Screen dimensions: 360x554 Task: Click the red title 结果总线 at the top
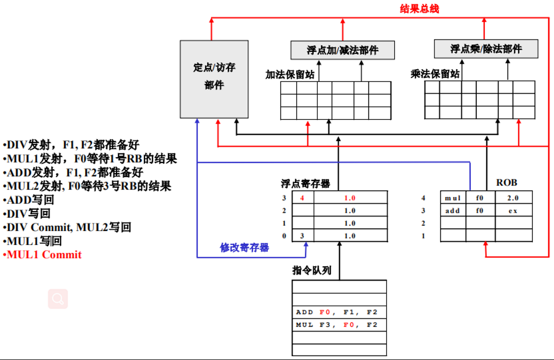tap(419, 9)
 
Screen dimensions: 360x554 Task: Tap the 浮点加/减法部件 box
tap(343, 50)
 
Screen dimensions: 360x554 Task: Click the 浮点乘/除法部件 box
tap(486, 49)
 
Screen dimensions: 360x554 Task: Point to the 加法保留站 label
tap(289, 75)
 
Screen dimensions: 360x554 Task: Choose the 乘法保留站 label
tap(434, 74)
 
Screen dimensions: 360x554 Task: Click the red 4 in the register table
tap(303, 198)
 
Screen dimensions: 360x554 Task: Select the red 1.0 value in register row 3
tap(349, 198)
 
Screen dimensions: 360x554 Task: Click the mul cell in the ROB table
tap(453, 198)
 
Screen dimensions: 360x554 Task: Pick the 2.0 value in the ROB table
tap(512, 198)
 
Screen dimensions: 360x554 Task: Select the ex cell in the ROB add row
tap(512, 211)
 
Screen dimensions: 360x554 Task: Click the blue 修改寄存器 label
tap(245, 248)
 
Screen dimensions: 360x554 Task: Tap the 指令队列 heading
tap(312, 271)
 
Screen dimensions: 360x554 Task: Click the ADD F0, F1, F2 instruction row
tap(339, 312)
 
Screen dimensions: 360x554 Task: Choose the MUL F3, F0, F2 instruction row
tap(339, 325)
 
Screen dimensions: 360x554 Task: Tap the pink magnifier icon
tap(58, 299)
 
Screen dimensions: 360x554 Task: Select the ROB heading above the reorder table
tap(507, 183)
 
